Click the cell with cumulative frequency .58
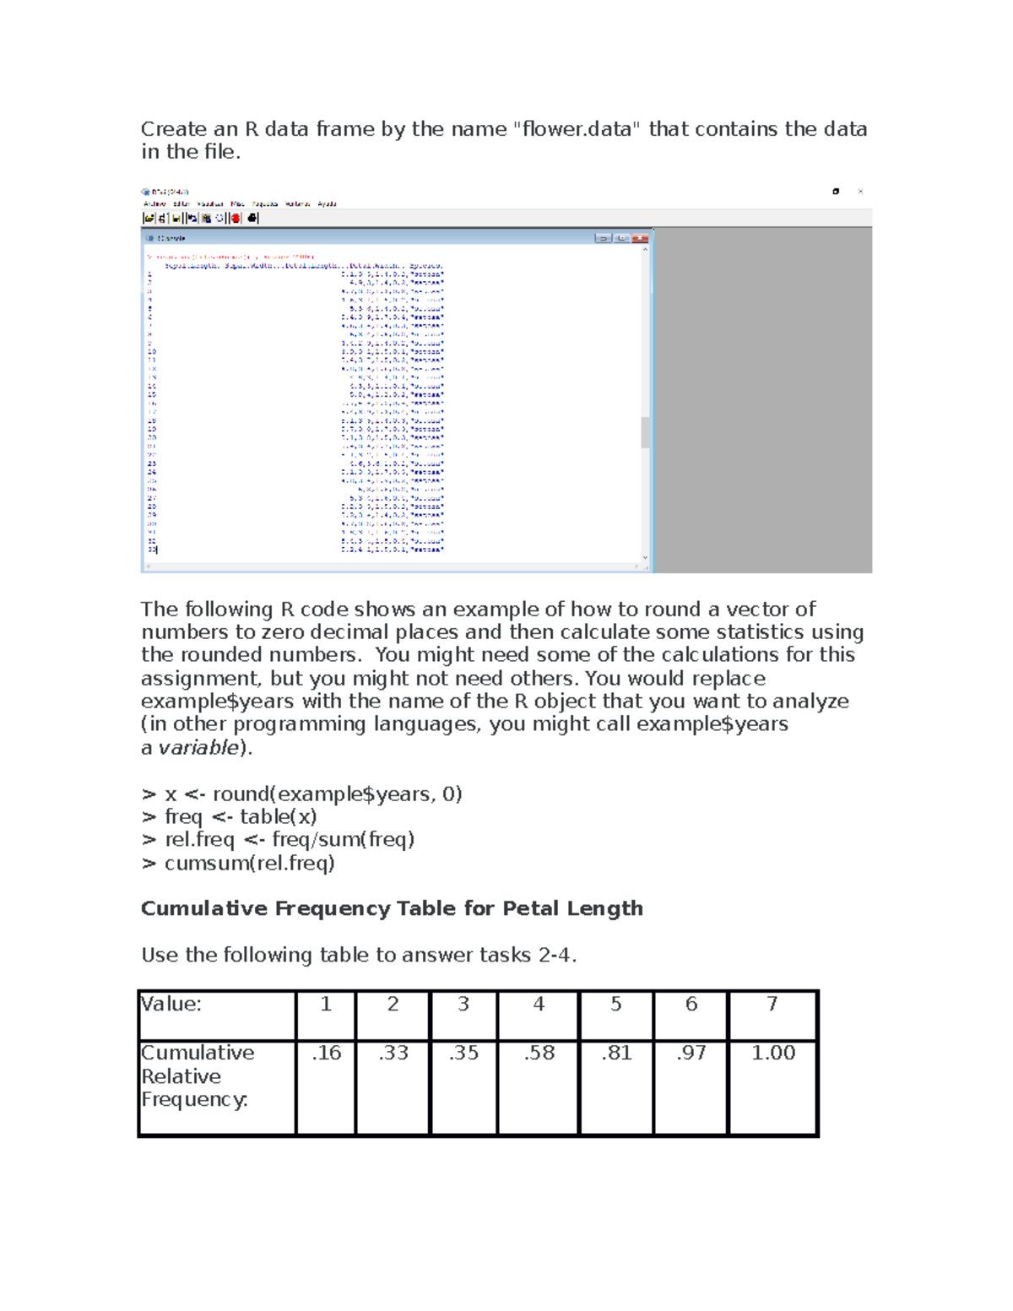539,1053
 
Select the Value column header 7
772,1004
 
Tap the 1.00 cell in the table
772,1053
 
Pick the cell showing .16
326,1053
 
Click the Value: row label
171,1004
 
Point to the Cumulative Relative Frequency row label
197,1076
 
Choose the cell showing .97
691,1053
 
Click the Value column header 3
463,1004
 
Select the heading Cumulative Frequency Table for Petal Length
392,908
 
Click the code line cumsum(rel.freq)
249,863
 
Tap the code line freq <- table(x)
240,816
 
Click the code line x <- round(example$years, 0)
312,794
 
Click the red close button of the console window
640,238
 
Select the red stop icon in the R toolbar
236,218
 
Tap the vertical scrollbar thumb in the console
646,432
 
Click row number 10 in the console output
151,351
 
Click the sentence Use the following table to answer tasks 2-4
359,955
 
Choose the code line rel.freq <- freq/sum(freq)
289,839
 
